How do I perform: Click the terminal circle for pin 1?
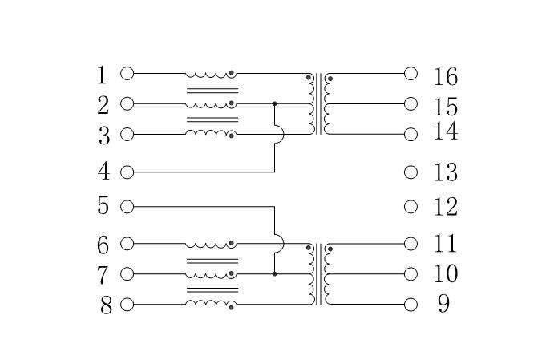(127, 74)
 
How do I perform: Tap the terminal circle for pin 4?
(127, 172)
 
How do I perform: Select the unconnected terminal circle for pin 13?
(411, 172)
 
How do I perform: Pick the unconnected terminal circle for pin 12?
(411, 207)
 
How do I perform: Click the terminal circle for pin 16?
(411, 74)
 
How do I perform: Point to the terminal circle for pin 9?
(411, 305)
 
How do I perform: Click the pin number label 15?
(445, 107)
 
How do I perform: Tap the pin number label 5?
(103, 205)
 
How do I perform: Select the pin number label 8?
(106, 305)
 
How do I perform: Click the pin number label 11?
(445, 243)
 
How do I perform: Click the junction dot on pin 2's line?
(275, 103)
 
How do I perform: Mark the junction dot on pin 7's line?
(275, 274)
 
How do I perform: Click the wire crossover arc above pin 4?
(279, 134)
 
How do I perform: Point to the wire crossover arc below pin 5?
(279, 244)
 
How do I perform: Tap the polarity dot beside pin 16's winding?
(330, 79)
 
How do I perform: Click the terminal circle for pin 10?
(411, 274)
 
